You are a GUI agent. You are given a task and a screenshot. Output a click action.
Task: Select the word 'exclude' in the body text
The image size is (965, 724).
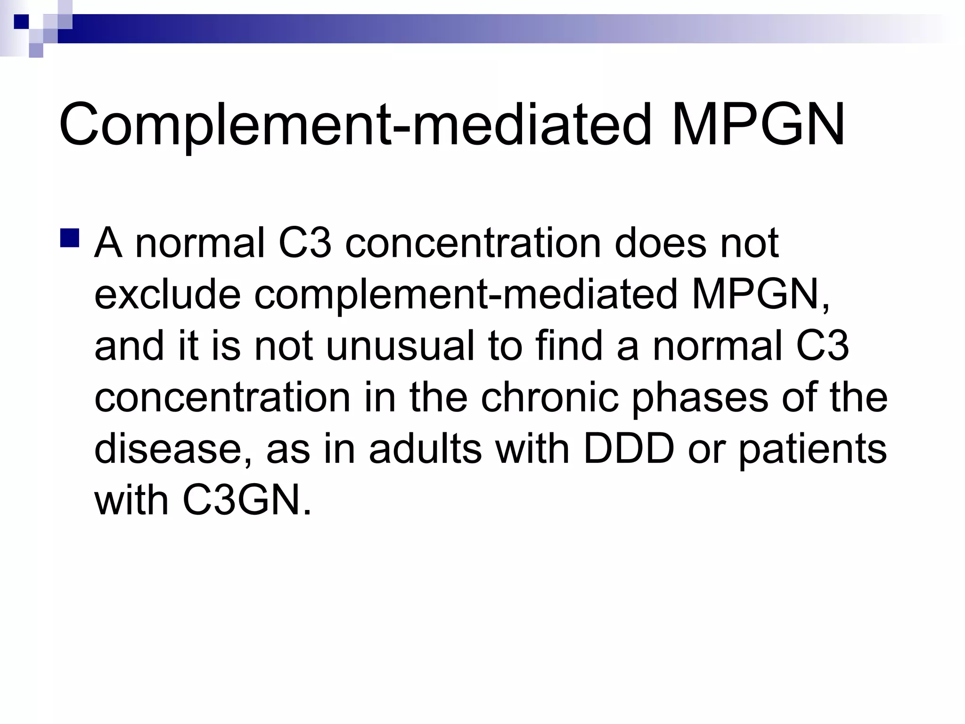pos(168,295)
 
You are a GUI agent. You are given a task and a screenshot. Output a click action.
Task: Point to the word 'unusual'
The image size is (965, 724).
pos(400,346)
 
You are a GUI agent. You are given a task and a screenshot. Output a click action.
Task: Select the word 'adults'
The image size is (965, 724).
pos(425,448)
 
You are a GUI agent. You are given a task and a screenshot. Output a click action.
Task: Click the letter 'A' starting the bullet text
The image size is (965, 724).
pos(109,244)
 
